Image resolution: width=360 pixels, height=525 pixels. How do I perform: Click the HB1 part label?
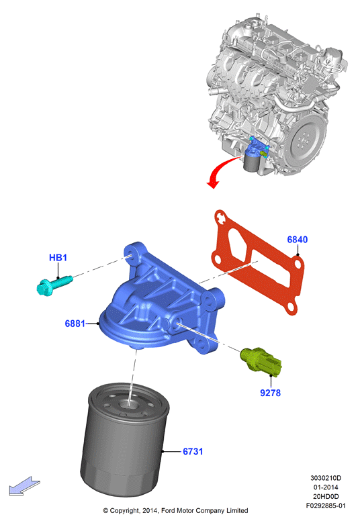tap(58, 258)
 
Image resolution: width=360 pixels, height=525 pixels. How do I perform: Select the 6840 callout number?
tap(297, 240)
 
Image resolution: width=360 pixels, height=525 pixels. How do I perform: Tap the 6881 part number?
tap(75, 324)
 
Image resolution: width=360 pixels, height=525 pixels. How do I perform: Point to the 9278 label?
tap(270, 393)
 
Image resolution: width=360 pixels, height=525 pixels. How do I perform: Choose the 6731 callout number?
tap(193, 451)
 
